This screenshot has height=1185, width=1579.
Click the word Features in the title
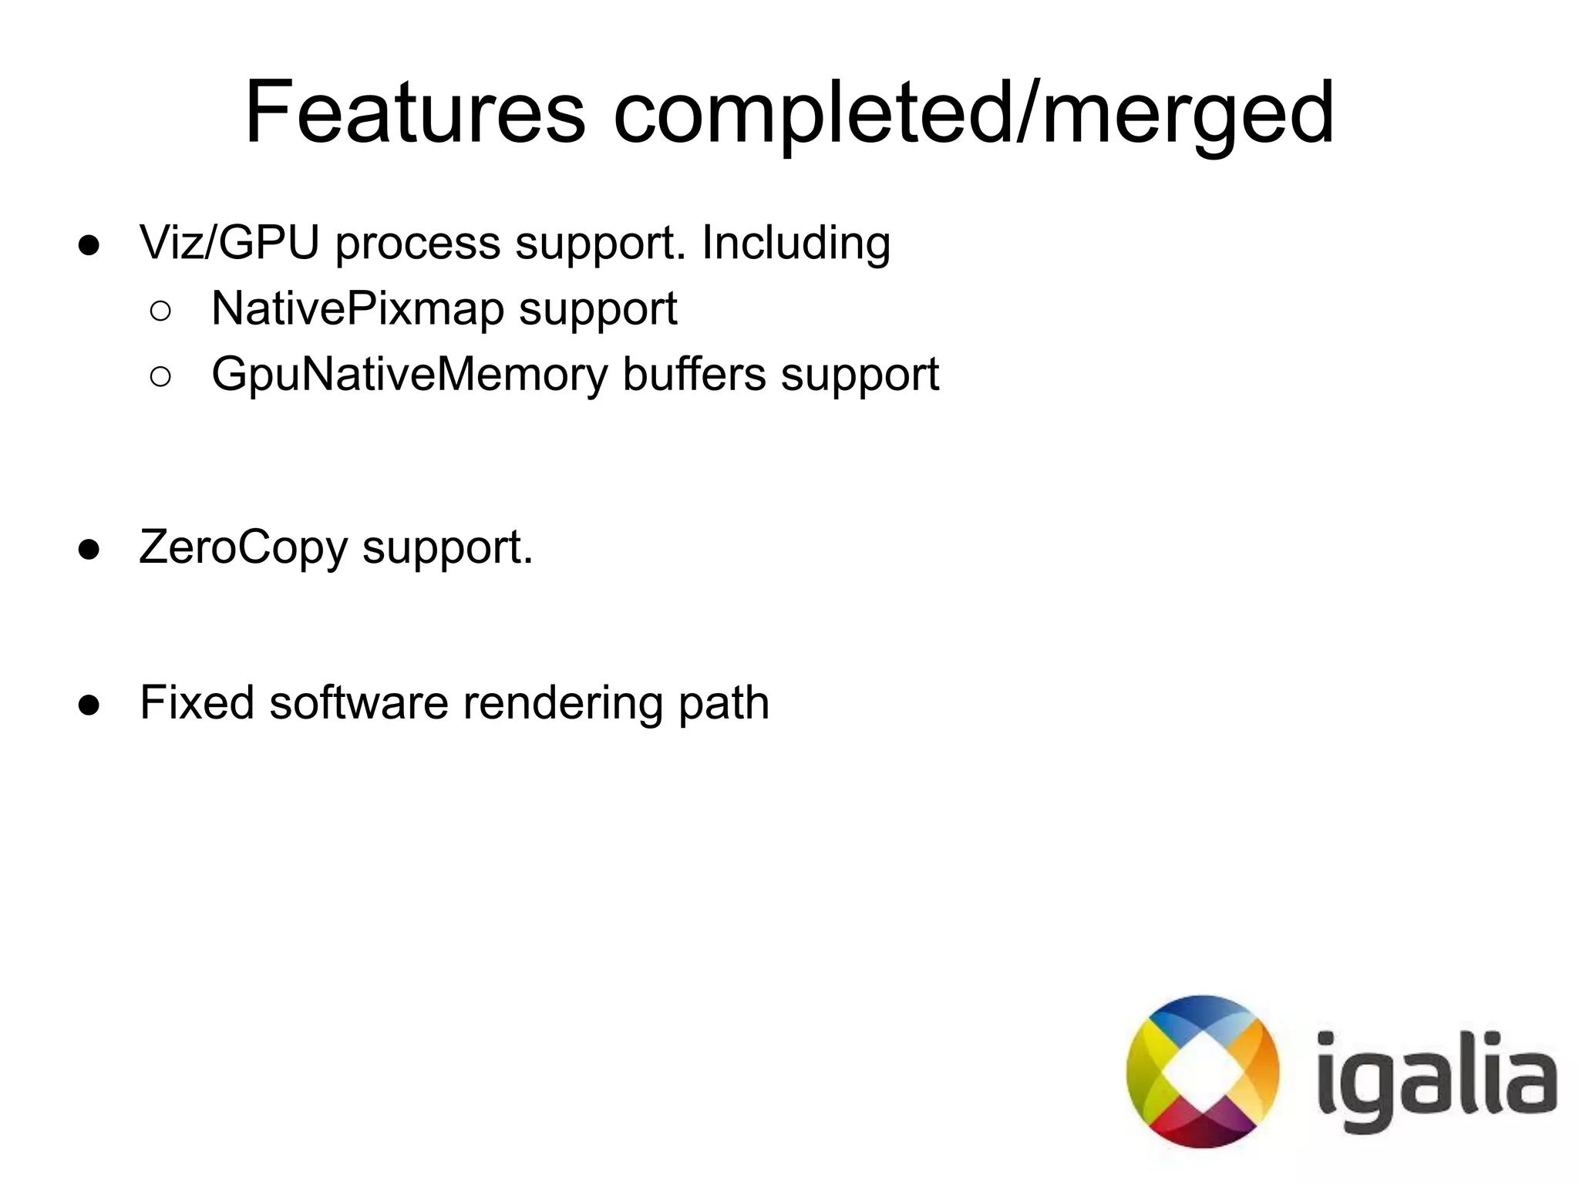click(x=415, y=113)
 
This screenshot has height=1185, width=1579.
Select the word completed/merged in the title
click(x=974, y=114)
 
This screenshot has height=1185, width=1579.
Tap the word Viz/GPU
click(x=229, y=242)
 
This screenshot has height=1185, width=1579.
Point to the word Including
click(x=796, y=242)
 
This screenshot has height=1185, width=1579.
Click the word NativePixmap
click(x=356, y=308)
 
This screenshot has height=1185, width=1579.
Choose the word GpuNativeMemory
click(x=409, y=375)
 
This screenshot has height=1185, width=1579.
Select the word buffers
click(x=694, y=375)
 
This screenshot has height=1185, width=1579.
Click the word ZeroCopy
click(x=243, y=548)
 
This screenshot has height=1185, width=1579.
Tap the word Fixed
click(x=197, y=702)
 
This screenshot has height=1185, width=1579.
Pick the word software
click(x=359, y=702)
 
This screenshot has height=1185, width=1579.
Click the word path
click(x=723, y=702)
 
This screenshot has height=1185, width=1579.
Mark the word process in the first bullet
click(x=417, y=244)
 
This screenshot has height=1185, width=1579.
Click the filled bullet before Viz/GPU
click(x=89, y=245)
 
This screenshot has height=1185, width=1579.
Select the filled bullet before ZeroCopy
click(x=89, y=550)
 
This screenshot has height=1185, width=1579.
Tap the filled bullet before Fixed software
click(x=89, y=705)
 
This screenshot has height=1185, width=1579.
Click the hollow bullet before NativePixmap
click(x=160, y=311)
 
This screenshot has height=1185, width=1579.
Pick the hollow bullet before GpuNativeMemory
click(x=160, y=377)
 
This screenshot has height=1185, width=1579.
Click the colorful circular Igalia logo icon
click(x=1202, y=1071)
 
